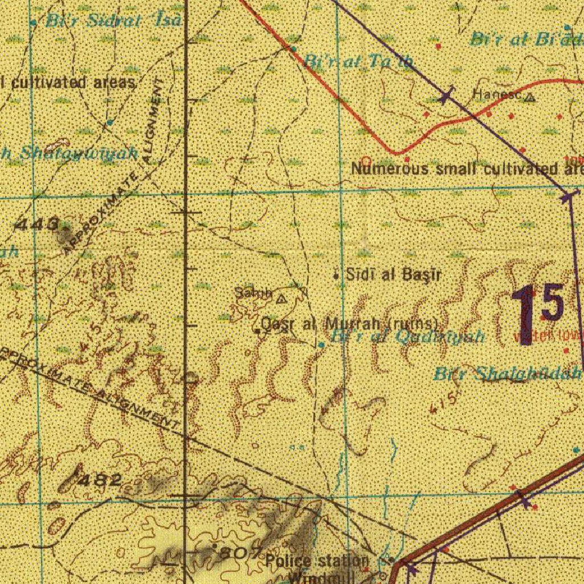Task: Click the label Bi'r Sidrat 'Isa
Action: pos(114,21)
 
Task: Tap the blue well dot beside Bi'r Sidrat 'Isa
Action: pos(34,22)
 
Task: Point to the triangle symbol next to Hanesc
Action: pos(530,98)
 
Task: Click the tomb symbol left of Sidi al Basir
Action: pos(336,275)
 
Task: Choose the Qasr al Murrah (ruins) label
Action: pos(350,325)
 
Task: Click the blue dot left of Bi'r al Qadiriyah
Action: pos(322,344)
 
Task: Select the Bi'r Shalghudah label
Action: pos(508,374)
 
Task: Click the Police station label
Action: pos(317,561)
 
